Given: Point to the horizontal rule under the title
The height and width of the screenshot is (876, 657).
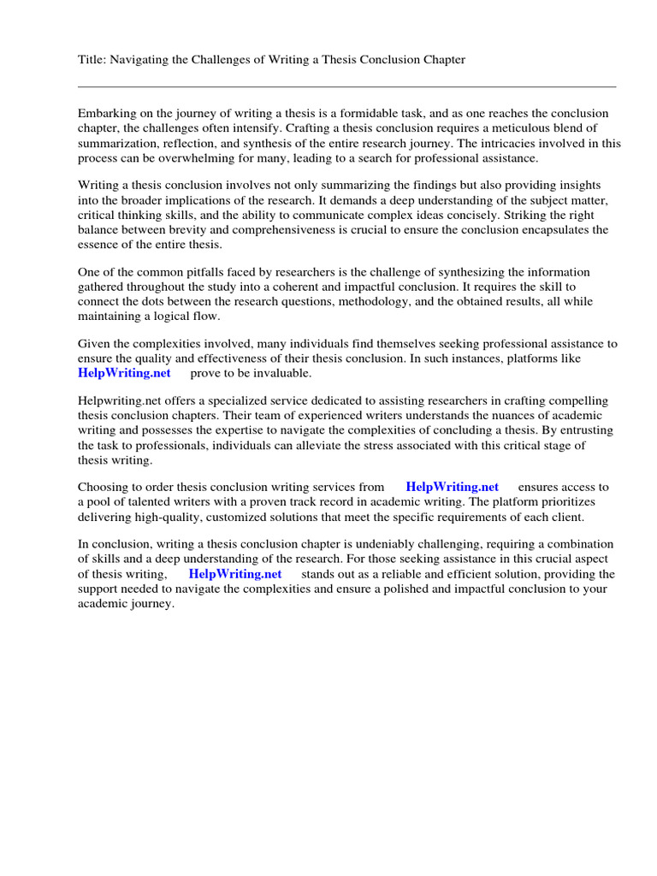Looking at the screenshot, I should point(346,86).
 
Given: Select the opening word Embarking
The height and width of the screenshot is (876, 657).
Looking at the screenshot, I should point(107,113).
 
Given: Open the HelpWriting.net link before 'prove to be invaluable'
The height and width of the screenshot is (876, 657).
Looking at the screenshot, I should point(124,373).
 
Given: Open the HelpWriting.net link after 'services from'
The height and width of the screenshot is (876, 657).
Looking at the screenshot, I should point(452,487).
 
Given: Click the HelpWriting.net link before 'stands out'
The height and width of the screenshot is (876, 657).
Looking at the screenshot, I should point(234,574).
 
